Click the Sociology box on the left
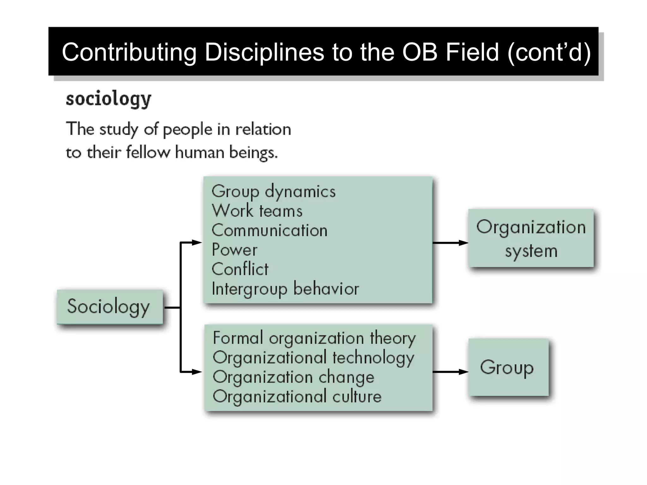coord(110,307)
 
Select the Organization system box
coord(531,238)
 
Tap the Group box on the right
coord(508,367)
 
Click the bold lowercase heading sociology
coord(108,99)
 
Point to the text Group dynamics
coord(273,192)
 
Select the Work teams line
coord(257,211)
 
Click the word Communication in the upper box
coord(269,231)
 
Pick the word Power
coord(234,250)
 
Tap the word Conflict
coord(240,269)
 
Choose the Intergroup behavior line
coord(285,289)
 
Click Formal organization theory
coord(314,338)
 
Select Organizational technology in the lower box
coord(313,358)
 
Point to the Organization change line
coord(293,377)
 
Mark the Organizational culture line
coord(297,397)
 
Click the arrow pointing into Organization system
coord(450,243)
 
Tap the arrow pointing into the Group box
coord(450,372)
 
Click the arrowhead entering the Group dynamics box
coord(197,242)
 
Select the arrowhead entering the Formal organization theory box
coord(197,372)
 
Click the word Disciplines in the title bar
coord(264,52)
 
